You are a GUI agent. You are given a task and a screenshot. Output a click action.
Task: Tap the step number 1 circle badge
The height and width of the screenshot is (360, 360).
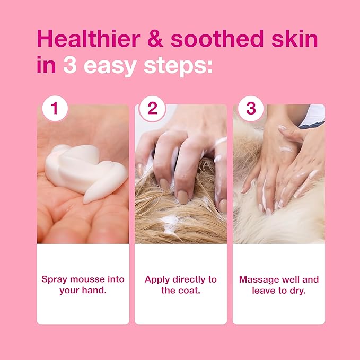pyautogui.click(x=55, y=109)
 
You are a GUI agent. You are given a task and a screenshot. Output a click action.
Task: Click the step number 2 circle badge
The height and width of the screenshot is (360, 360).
pyautogui.click(x=153, y=109)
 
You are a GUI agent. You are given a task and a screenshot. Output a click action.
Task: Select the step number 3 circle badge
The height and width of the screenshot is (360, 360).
pyautogui.click(x=251, y=109)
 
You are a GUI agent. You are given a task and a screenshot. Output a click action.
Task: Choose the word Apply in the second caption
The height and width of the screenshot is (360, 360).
pyautogui.click(x=156, y=279)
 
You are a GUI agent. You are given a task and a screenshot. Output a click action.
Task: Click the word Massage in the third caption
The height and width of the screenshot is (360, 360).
pyautogui.click(x=258, y=279)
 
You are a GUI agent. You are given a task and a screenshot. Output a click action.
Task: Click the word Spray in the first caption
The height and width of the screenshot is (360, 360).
pyautogui.click(x=54, y=279)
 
